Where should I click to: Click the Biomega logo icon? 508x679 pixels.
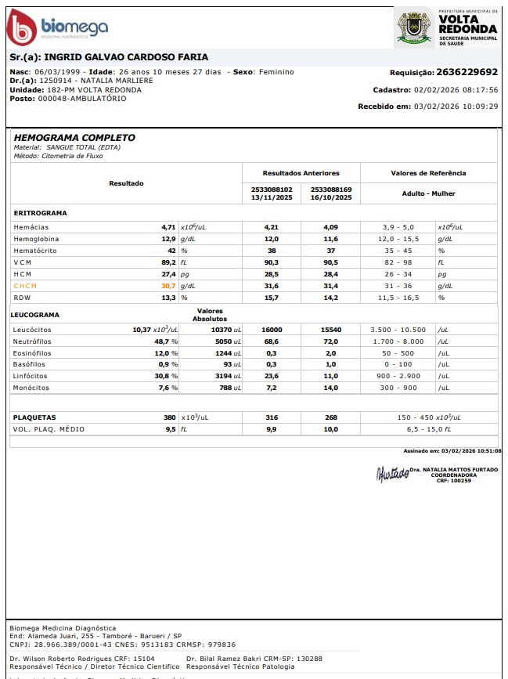coord(21,29)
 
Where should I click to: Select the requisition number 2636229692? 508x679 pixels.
coord(467,72)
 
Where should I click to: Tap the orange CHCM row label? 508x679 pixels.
coord(25,286)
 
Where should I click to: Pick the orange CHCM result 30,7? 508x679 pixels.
coord(168,286)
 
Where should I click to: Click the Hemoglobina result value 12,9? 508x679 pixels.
coord(168,239)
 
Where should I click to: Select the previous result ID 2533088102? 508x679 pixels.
coord(272,189)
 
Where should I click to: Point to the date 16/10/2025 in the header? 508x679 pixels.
coord(331,197)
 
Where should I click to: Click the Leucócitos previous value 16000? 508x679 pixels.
coord(272,330)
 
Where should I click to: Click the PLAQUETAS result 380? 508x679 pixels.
coord(169,417)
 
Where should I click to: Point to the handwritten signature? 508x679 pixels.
coord(392,473)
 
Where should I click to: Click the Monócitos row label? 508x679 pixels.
coord(31,388)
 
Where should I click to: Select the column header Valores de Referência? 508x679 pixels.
coord(428,173)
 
